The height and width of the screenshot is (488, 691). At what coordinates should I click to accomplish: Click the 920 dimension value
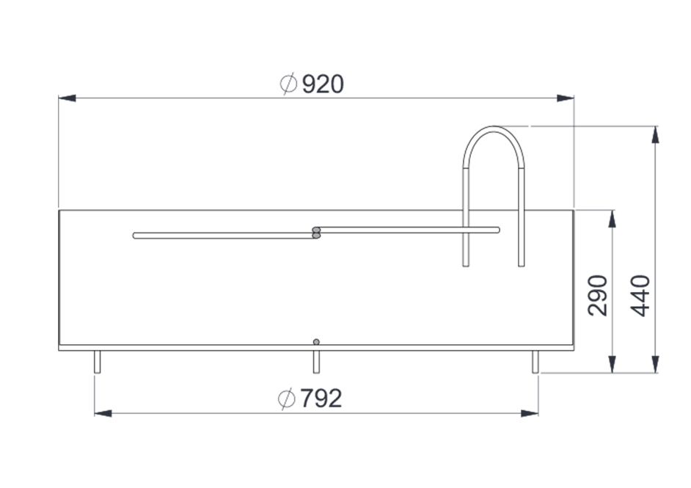coord(323,84)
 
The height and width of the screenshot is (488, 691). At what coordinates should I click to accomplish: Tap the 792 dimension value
coord(321,398)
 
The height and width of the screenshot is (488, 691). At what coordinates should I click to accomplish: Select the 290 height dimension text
coord(598,295)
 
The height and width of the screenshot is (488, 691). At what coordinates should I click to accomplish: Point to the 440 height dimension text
coord(640,295)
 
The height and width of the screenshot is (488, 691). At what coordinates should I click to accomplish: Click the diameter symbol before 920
coord(288,84)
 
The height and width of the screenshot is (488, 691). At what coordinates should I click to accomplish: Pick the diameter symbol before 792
coord(286,398)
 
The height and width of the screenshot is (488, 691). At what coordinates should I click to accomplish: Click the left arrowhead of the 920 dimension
coord(67,98)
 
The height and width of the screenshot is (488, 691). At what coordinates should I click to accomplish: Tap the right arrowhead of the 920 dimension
coord(566,98)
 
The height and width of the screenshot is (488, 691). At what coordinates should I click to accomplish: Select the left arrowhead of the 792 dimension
coord(103,413)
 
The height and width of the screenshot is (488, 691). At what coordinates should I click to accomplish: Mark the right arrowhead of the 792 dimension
coord(530,413)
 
